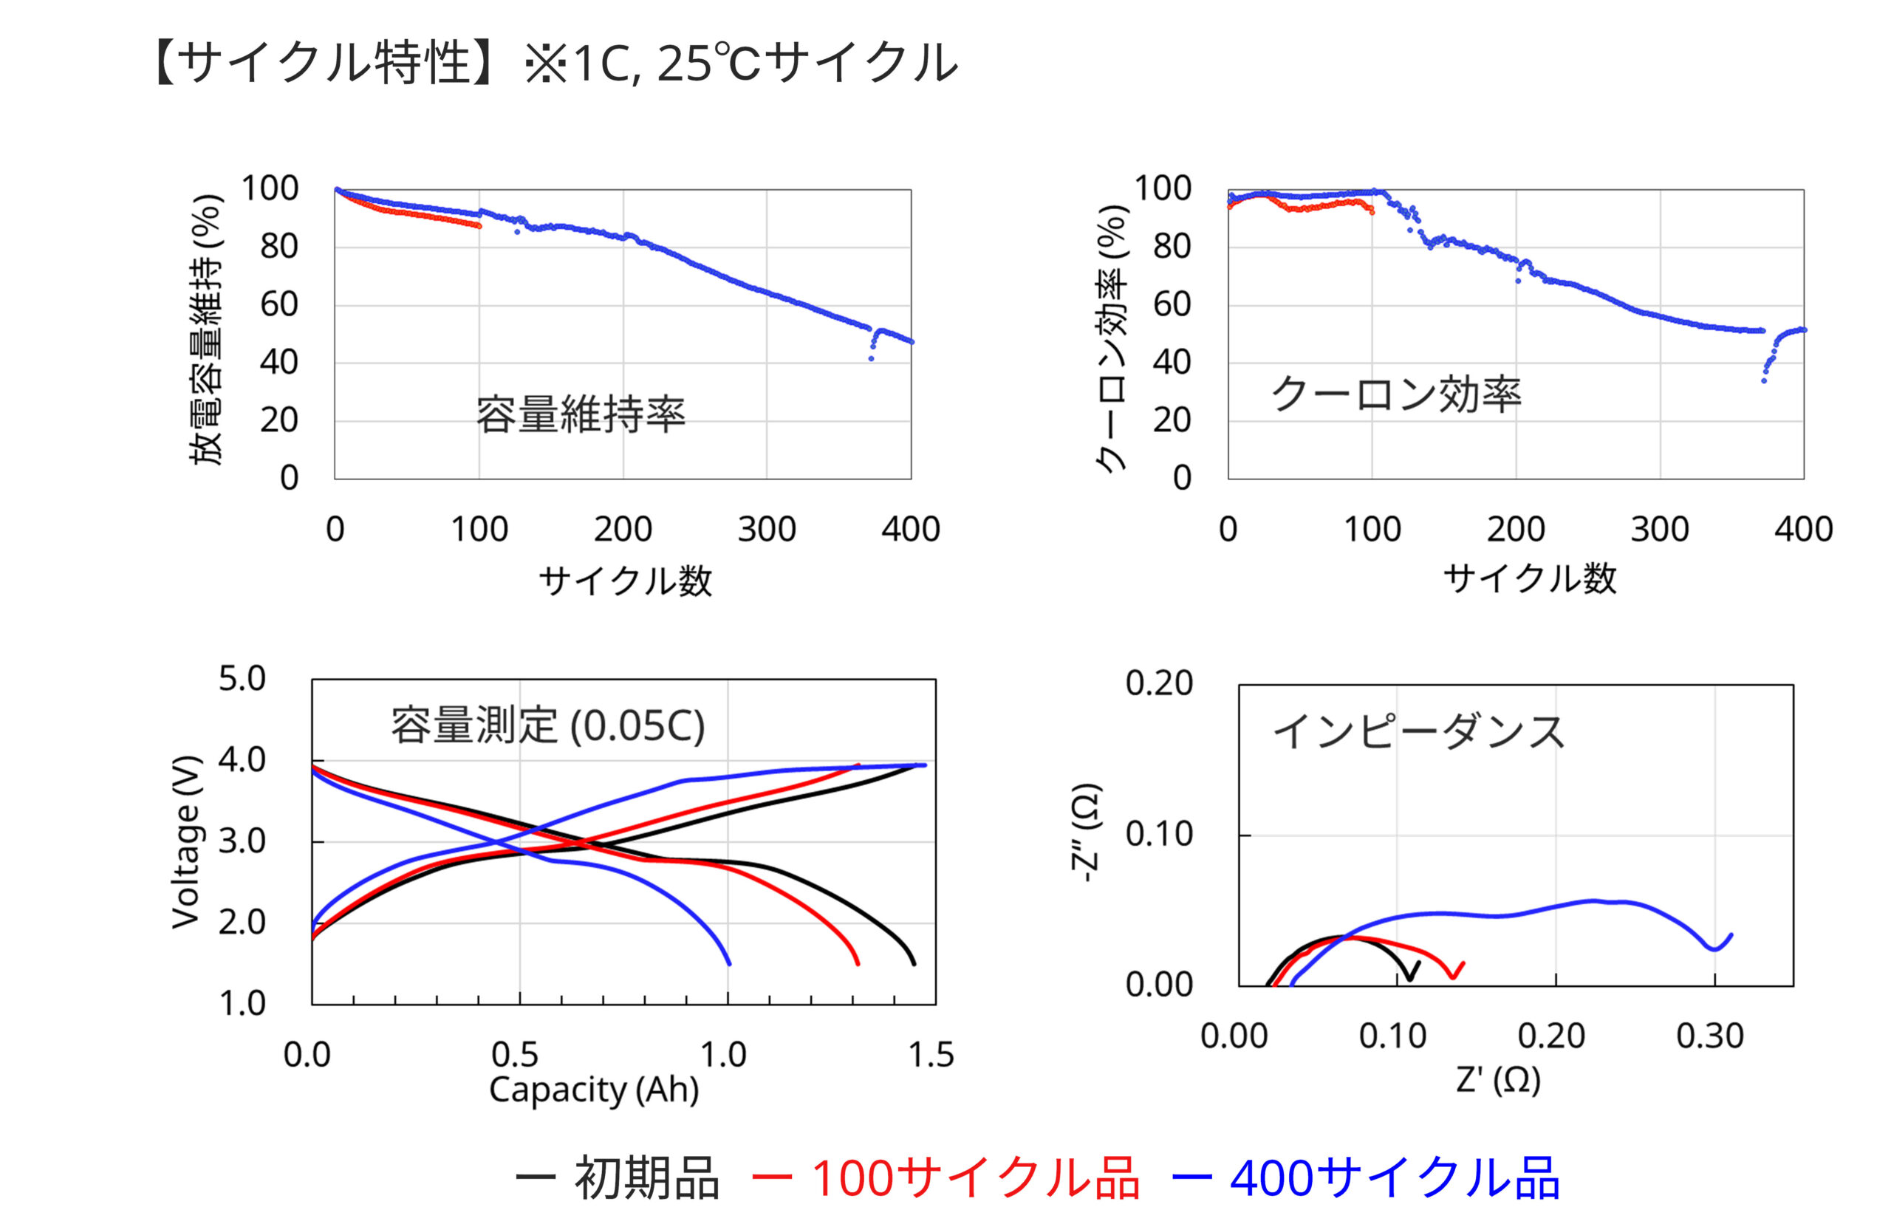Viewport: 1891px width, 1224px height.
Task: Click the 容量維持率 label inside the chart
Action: click(580, 414)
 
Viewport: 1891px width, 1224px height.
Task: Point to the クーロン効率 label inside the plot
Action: click(1396, 394)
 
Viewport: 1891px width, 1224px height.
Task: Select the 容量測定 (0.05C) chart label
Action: click(547, 725)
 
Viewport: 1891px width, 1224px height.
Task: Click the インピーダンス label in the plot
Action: click(1418, 732)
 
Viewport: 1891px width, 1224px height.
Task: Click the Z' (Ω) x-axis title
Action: click(1499, 1079)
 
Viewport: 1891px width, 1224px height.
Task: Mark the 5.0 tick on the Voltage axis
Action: click(242, 680)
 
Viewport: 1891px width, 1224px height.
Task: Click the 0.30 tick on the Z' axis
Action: click(1710, 1036)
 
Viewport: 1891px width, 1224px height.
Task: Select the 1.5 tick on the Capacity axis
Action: click(931, 1055)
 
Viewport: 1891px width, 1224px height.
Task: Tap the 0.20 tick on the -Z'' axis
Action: click(1159, 683)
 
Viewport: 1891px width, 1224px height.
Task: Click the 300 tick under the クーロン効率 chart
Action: click(1660, 530)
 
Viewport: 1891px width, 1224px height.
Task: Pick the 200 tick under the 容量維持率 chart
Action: click(623, 530)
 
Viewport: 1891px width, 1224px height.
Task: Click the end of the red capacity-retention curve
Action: click(479, 227)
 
